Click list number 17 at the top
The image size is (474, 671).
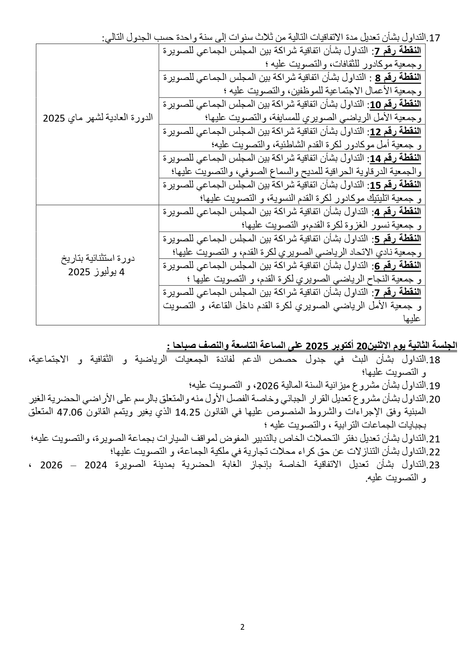pos(435,38)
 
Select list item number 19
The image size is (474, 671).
pos(435,385)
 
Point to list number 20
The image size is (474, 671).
pos(435,399)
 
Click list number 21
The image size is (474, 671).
pos(435,439)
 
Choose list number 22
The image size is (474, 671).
pos(435,452)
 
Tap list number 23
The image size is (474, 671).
pos(435,465)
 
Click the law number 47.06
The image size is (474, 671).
pos(71,412)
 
